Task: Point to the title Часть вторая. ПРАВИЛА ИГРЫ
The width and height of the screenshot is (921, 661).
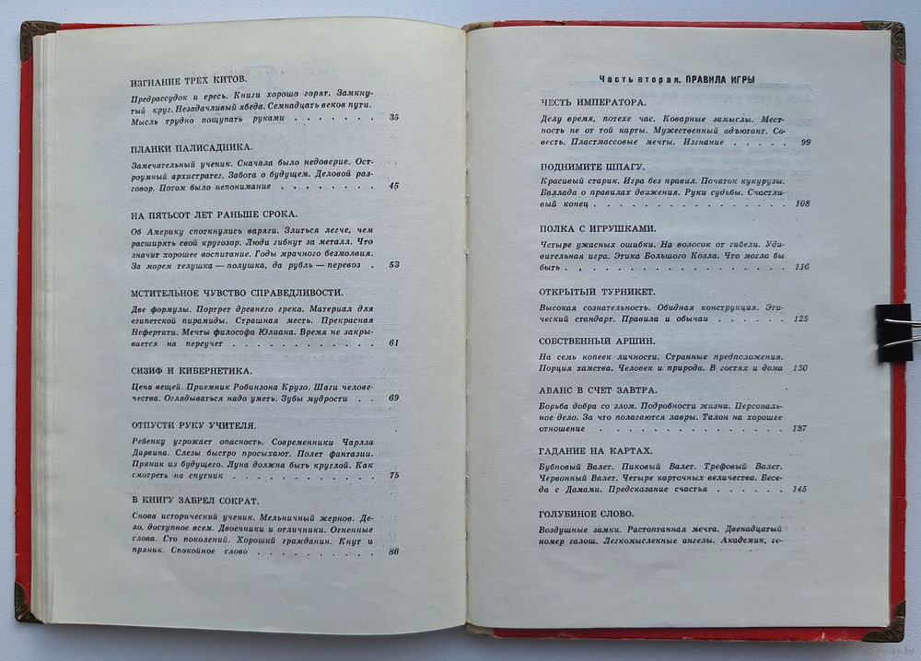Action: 677,78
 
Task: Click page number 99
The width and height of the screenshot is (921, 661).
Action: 805,142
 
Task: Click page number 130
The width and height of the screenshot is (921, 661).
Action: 799,367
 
